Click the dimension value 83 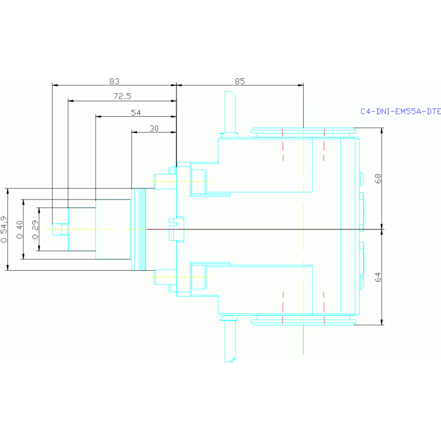(114, 81)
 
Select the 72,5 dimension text (122, 97)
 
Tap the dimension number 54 (136, 113)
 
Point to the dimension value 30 (154, 129)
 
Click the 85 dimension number (240, 81)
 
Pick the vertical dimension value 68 (378, 179)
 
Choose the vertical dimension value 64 (378, 277)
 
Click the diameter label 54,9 (3, 229)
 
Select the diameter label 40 (20, 230)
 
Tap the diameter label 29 (35, 230)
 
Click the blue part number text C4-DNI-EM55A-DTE (401, 112)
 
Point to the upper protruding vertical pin (230, 112)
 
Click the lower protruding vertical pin (230, 341)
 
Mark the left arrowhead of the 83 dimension (55, 85)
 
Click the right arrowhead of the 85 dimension (301, 85)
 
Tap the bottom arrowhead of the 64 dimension (382, 323)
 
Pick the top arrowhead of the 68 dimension (382, 131)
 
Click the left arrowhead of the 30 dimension (134, 132)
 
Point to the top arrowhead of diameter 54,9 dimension (7, 191)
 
